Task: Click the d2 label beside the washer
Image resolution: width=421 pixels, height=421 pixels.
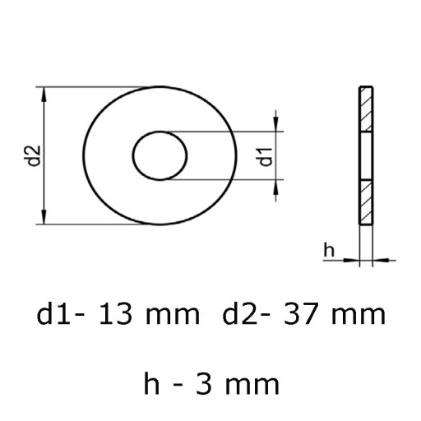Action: coord(35,155)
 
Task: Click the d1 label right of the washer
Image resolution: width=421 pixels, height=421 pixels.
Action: coord(266,157)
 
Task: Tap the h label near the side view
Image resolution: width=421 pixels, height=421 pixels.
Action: coord(329,249)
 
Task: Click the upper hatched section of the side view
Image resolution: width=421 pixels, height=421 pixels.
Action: coord(366,109)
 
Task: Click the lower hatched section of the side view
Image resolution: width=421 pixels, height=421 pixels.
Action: coord(366,202)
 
